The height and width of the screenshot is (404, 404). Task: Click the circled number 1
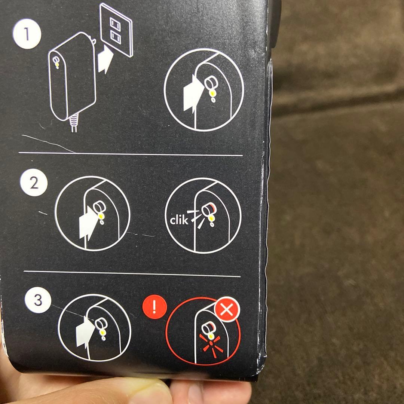point(27,34)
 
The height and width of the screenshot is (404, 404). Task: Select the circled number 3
point(38,300)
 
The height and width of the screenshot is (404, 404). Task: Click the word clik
point(179,220)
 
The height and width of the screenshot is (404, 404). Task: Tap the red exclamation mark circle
point(154,307)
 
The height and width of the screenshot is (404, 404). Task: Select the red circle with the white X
point(227,309)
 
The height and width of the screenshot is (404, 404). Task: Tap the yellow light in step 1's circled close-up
point(212,93)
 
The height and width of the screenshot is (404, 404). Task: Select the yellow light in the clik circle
point(211,218)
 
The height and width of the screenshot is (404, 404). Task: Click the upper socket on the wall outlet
point(116,25)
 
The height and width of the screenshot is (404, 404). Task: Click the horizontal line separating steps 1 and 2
point(131,154)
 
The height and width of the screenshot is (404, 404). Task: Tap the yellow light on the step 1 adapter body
point(57,64)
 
